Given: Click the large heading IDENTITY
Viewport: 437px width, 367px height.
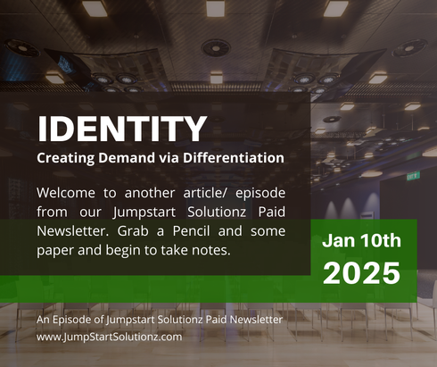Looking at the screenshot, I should coord(121,129).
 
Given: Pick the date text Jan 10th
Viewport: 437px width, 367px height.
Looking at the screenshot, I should coord(362,241).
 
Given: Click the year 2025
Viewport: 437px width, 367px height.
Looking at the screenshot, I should coord(362,273).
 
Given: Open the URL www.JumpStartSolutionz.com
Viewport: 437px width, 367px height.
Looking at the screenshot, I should coord(110,337).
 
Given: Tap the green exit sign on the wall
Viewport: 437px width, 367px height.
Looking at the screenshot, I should coord(413,176).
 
